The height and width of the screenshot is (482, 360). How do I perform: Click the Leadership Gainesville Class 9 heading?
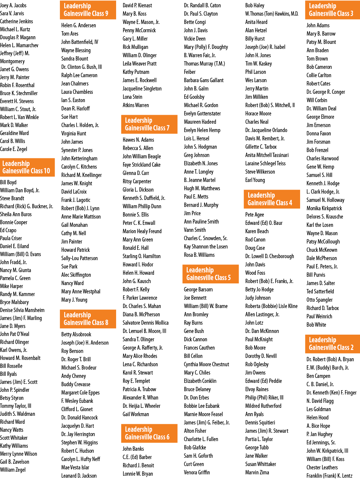pos(88,10)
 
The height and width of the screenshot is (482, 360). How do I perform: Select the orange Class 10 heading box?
pos(27,167)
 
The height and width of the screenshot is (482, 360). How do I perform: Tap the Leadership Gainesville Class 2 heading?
pos(332,344)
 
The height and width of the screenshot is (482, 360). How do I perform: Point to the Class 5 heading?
pos(210,274)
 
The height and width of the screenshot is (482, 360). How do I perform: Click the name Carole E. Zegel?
pos(14,149)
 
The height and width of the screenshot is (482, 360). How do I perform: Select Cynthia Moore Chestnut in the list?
pos(207,364)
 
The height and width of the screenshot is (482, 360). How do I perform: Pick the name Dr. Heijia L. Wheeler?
pos(141,406)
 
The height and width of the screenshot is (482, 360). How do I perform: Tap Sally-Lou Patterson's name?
pos(79,258)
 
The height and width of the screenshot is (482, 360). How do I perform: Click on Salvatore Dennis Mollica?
pos(145,323)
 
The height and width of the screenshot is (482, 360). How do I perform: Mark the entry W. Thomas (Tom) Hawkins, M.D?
pos(272,14)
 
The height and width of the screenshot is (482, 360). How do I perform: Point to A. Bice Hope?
pos(318,426)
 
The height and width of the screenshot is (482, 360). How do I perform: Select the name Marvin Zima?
pos(257,472)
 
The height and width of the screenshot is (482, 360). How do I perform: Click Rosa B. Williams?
pos(199,255)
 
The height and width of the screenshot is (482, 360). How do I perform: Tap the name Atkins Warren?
pos(135,105)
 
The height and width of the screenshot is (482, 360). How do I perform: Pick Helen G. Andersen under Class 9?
pos(79,26)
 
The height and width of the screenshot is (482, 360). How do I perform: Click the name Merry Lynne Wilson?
pos(18,454)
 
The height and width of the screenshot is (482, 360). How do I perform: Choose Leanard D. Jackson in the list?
pos(79,476)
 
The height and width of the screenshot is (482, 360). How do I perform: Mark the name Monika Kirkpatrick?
pos(324,208)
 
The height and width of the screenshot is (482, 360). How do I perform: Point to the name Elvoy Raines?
pos(257,389)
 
